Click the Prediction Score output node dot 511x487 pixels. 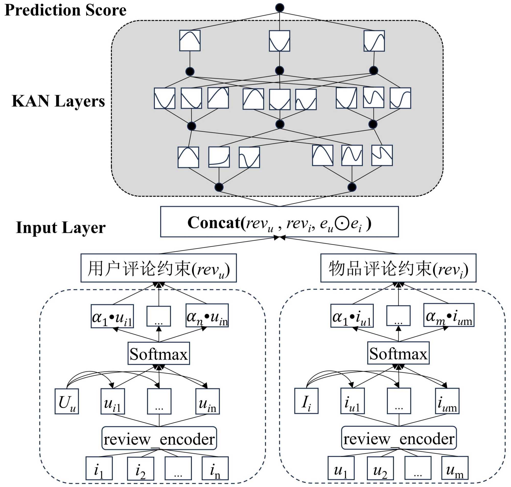(x=280, y=8)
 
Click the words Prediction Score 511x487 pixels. (x=65, y=10)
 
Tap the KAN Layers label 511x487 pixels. (x=58, y=101)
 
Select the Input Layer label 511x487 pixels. (x=61, y=228)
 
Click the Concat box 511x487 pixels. (x=279, y=222)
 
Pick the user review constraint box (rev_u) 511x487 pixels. (x=159, y=268)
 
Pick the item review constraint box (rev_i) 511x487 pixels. (x=398, y=268)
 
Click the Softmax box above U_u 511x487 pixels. (x=159, y=354)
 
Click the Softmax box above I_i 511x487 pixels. (x=398, y=353)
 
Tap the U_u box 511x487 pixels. (x=67, y=401)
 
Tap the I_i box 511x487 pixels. (x=306, y=401)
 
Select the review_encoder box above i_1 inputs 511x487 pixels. (x=159, y=439)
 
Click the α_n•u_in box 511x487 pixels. (x=207, y=316)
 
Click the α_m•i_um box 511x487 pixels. (x=449, y=315)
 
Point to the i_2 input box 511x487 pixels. (x=141, y=469)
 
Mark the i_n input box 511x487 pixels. (x=215, y=469)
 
